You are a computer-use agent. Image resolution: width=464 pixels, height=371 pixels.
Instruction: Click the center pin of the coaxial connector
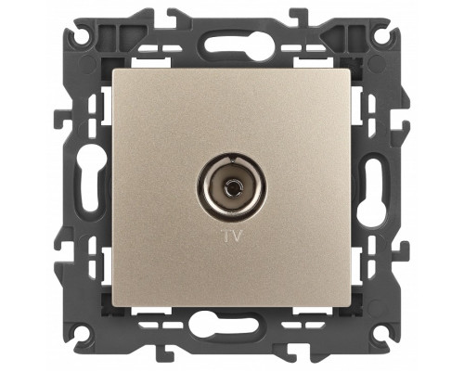coord(231,187)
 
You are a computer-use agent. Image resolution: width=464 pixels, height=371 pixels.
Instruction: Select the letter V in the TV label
coord(236,236)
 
